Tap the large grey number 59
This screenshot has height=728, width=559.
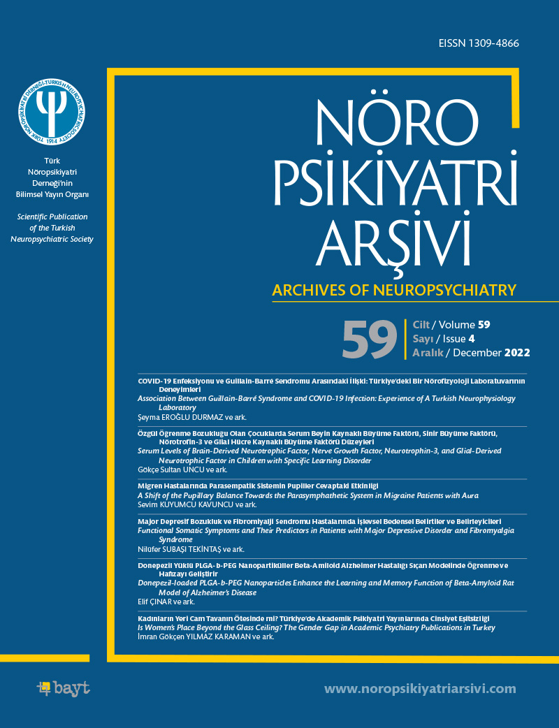370,339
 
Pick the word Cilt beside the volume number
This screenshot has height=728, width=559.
421,325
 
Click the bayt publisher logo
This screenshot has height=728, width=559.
63,688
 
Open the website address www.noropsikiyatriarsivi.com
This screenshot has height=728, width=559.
421,689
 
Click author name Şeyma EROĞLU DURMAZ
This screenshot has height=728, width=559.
178,417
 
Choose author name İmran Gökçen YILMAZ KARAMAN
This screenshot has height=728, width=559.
194,637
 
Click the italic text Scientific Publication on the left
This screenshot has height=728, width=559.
52,217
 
